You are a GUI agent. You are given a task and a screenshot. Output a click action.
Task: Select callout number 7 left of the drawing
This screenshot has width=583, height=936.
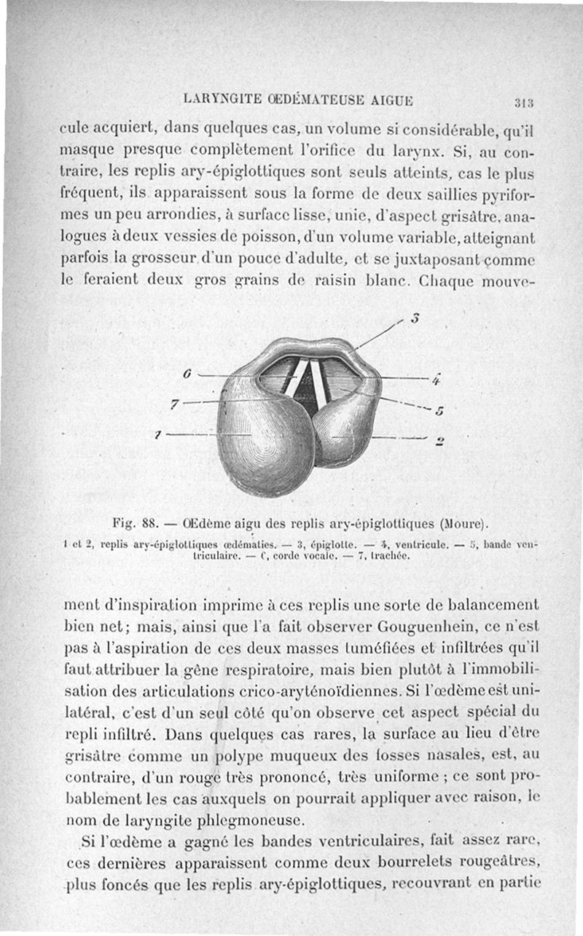173,404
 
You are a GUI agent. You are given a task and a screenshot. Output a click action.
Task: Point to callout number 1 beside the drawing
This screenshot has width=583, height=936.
157,434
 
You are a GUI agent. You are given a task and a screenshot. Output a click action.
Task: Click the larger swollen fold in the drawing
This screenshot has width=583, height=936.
262,437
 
